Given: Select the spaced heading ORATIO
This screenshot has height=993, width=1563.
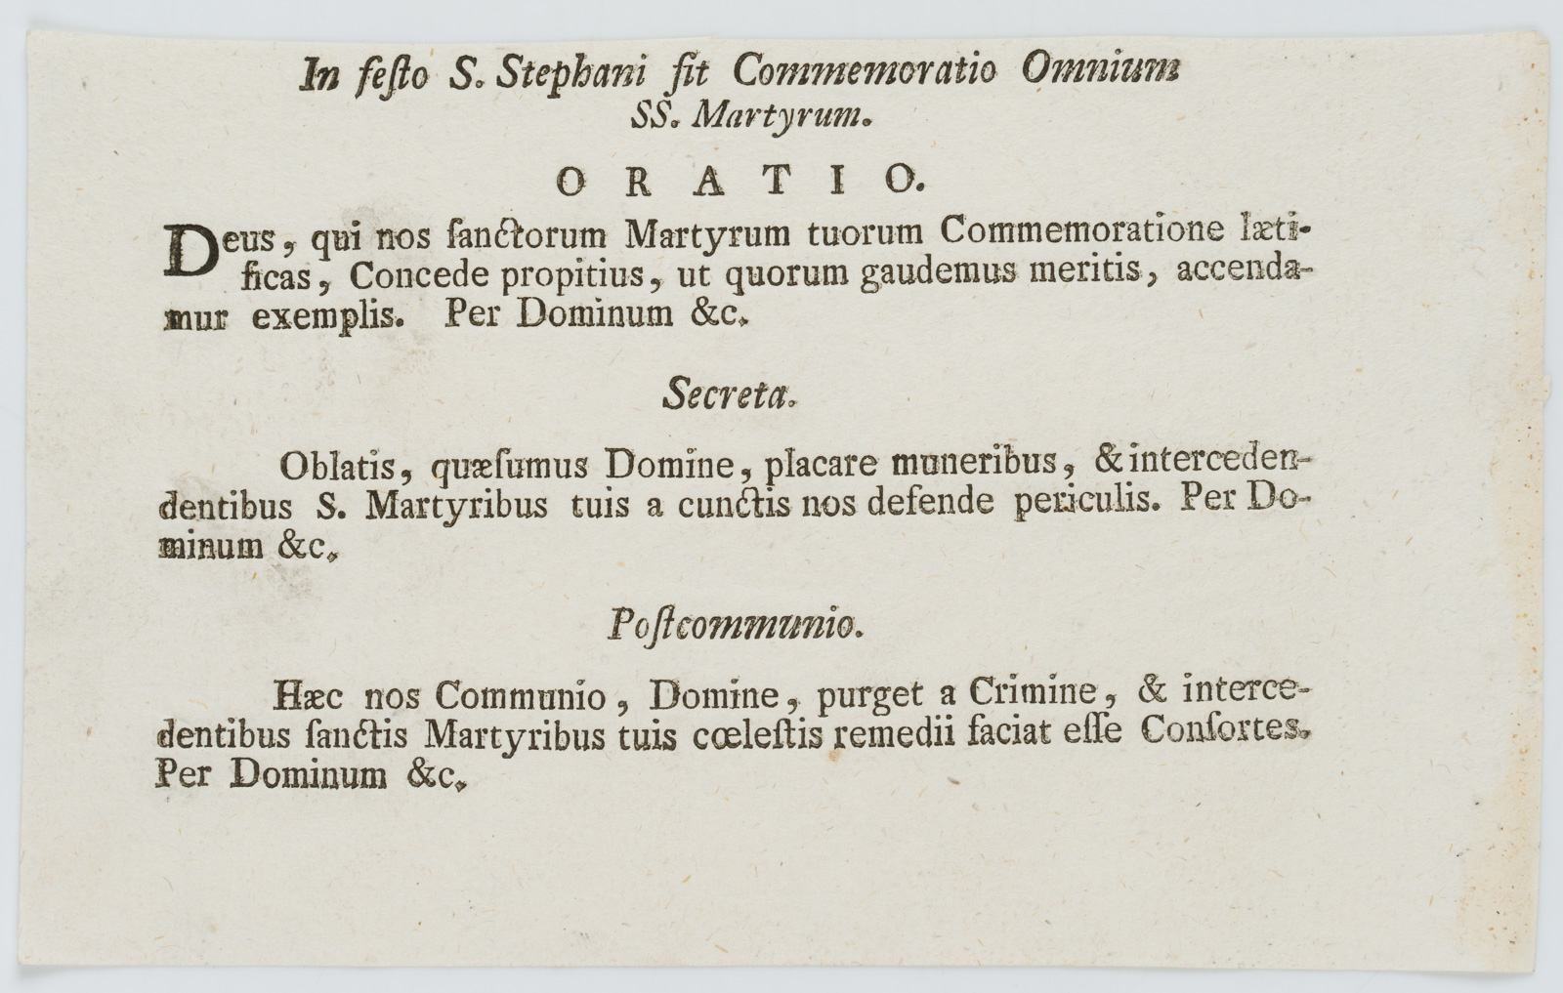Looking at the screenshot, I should (737, 180).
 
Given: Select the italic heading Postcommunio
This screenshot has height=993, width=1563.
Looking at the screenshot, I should (735, 625).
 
